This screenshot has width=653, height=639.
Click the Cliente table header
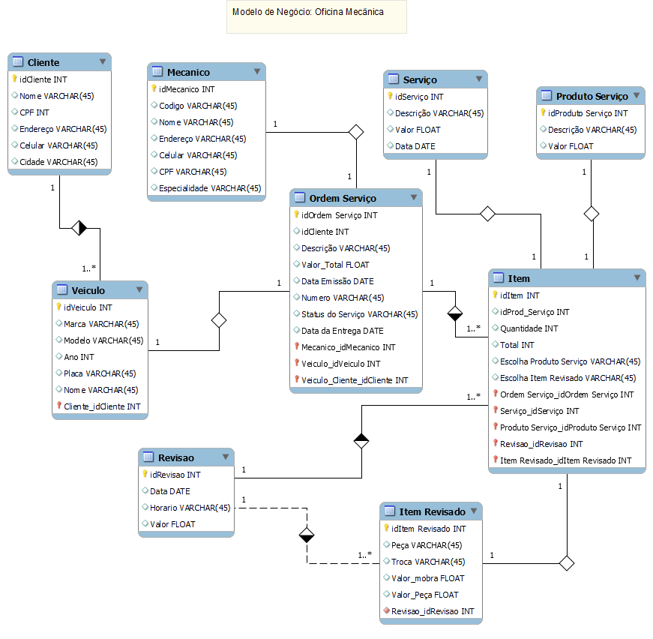point(43,62)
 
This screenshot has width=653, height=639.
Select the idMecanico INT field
point(187,89)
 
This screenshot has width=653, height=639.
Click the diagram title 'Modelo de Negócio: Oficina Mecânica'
point(308,12)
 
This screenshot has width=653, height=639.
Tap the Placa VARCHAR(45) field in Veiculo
point(99,373)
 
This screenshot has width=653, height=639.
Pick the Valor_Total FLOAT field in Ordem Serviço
point(335,265)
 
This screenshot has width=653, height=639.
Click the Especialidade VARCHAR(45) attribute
point(210,188)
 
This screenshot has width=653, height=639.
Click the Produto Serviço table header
point(592,96)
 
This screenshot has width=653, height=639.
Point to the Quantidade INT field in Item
point(529,328)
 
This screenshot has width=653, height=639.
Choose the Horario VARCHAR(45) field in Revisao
point(190,508)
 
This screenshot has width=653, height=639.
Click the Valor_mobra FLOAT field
point(427,578)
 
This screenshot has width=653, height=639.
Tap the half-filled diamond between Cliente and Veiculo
point(79,228)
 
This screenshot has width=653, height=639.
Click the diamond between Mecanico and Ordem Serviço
point(356,133)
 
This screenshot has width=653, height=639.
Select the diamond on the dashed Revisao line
point(307,535)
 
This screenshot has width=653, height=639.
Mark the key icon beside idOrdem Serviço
point(296,214)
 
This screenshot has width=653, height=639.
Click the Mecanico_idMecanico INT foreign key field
point(348,347)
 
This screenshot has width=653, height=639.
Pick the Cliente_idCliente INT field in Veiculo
point(102,406)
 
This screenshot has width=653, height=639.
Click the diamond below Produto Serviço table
point(592,214)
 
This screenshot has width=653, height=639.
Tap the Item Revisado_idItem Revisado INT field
point(565,460)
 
